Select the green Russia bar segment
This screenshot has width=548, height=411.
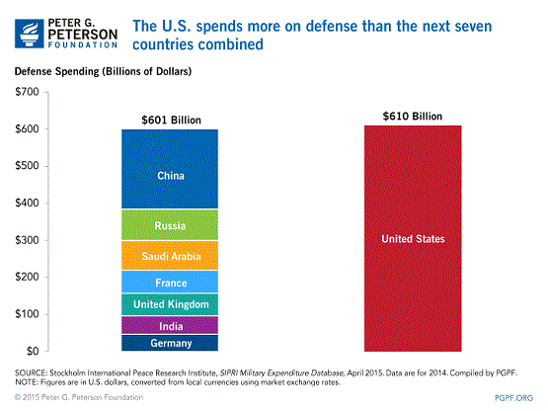pos(170,225)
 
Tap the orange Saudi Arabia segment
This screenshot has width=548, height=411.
pos(170,255)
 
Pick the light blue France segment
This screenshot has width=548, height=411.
pos(170,282)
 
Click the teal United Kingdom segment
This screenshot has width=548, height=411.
pos(170,304)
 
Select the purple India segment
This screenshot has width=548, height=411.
pos(170,326)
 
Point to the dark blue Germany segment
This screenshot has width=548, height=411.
pos(170,343)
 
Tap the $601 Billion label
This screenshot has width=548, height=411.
pos(170,121)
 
